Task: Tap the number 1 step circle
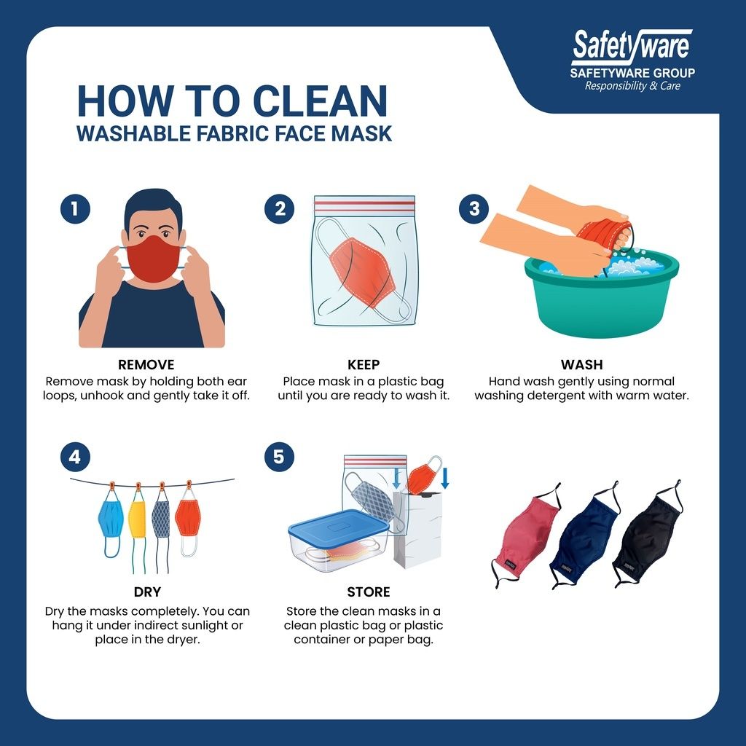[x=75, y=208]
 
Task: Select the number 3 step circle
[x=474, y=208]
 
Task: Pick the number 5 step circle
[x=279, y=457]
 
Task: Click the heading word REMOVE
[x=146, y=365]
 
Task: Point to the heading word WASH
[x=581, y=365]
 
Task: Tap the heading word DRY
[x=147, y=592]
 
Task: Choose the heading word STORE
[x=368, y=592]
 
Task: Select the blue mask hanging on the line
[x=111, y=519]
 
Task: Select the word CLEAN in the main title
[x=320, y=101]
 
